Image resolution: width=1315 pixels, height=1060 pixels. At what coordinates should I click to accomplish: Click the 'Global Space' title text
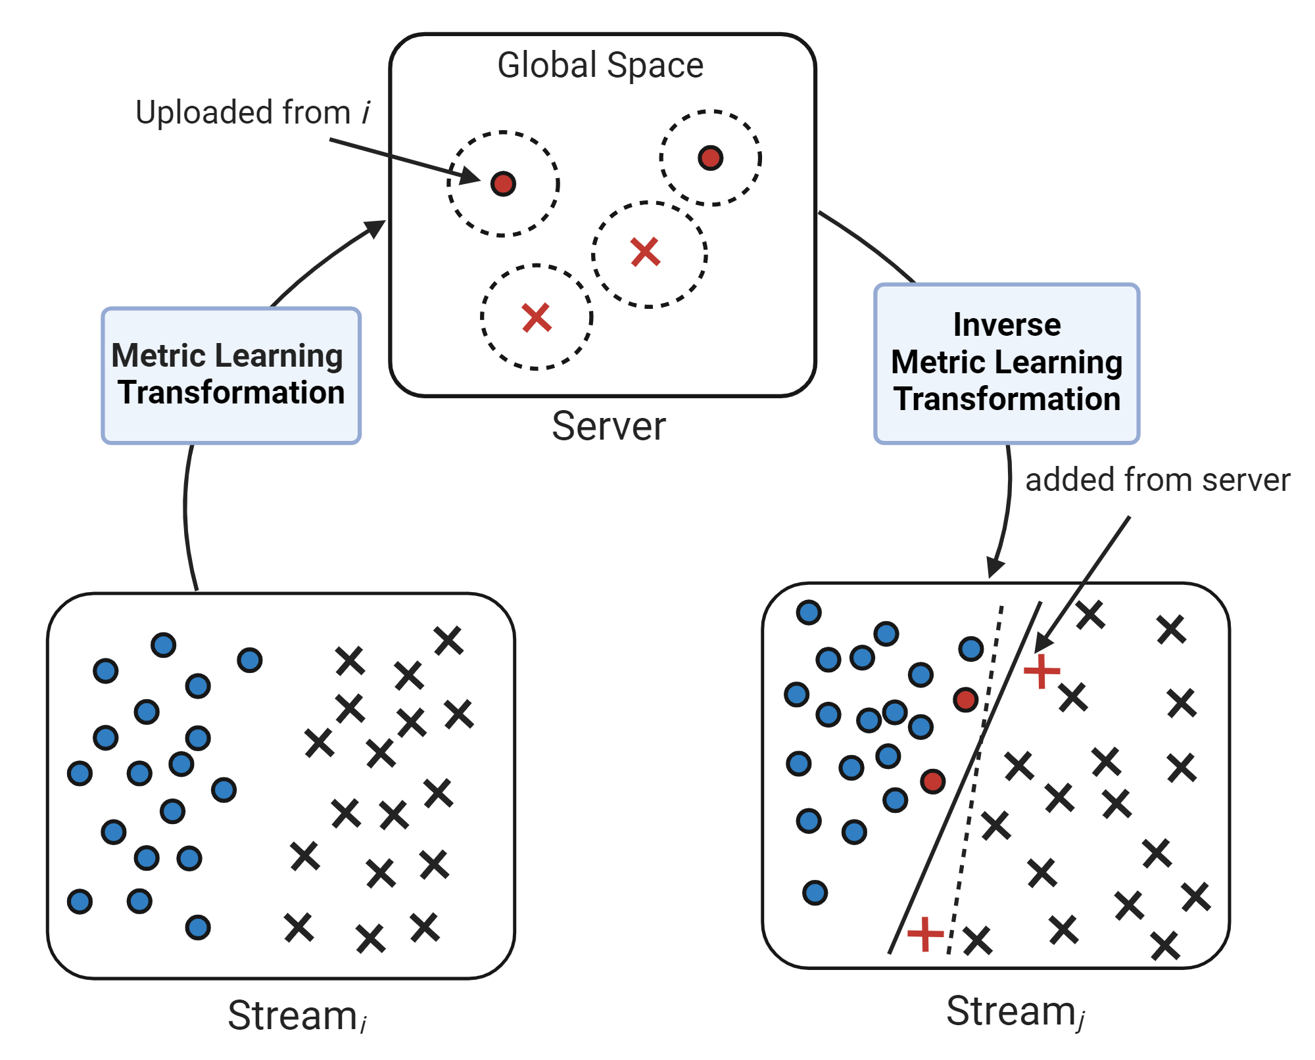click(600, 66)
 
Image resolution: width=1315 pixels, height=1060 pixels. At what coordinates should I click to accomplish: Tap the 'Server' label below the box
click(608, 426)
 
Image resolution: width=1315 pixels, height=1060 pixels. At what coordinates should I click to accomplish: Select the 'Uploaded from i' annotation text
click(252, 112)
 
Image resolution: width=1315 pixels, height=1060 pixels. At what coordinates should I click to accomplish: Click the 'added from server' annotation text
click(1157, 480)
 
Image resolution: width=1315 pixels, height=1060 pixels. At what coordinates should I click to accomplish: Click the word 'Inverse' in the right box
click(1007, 325)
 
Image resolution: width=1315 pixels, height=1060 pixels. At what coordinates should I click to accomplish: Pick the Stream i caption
click(296, 1016)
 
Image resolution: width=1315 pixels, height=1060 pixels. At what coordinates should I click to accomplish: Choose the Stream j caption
click(1015, 1011)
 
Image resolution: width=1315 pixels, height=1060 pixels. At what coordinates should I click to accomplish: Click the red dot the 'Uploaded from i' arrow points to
click(503, 183)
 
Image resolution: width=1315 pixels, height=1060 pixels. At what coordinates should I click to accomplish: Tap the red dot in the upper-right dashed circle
click(710, 158)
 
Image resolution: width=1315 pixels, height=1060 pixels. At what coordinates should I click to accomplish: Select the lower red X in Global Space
click(537, 317)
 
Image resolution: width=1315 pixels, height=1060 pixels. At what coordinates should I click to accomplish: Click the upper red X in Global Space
click(645, 252)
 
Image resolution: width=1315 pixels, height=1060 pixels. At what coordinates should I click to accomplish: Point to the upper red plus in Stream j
click(1041, 671)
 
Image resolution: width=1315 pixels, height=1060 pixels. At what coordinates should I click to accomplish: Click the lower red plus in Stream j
click(925, 934)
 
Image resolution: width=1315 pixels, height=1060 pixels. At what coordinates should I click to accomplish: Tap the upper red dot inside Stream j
click(965, 699)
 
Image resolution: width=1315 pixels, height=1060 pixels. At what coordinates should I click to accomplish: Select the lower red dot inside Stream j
click(932, 781)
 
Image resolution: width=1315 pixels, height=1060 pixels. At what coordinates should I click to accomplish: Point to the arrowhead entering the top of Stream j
click(995, 568)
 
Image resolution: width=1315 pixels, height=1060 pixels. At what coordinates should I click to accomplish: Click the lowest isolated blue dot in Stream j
click(815, 892)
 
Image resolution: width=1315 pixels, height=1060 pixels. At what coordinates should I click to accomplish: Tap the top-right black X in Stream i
click(448, 640)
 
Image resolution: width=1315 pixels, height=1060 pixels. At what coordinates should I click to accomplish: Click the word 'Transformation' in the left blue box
click(231, 393)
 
